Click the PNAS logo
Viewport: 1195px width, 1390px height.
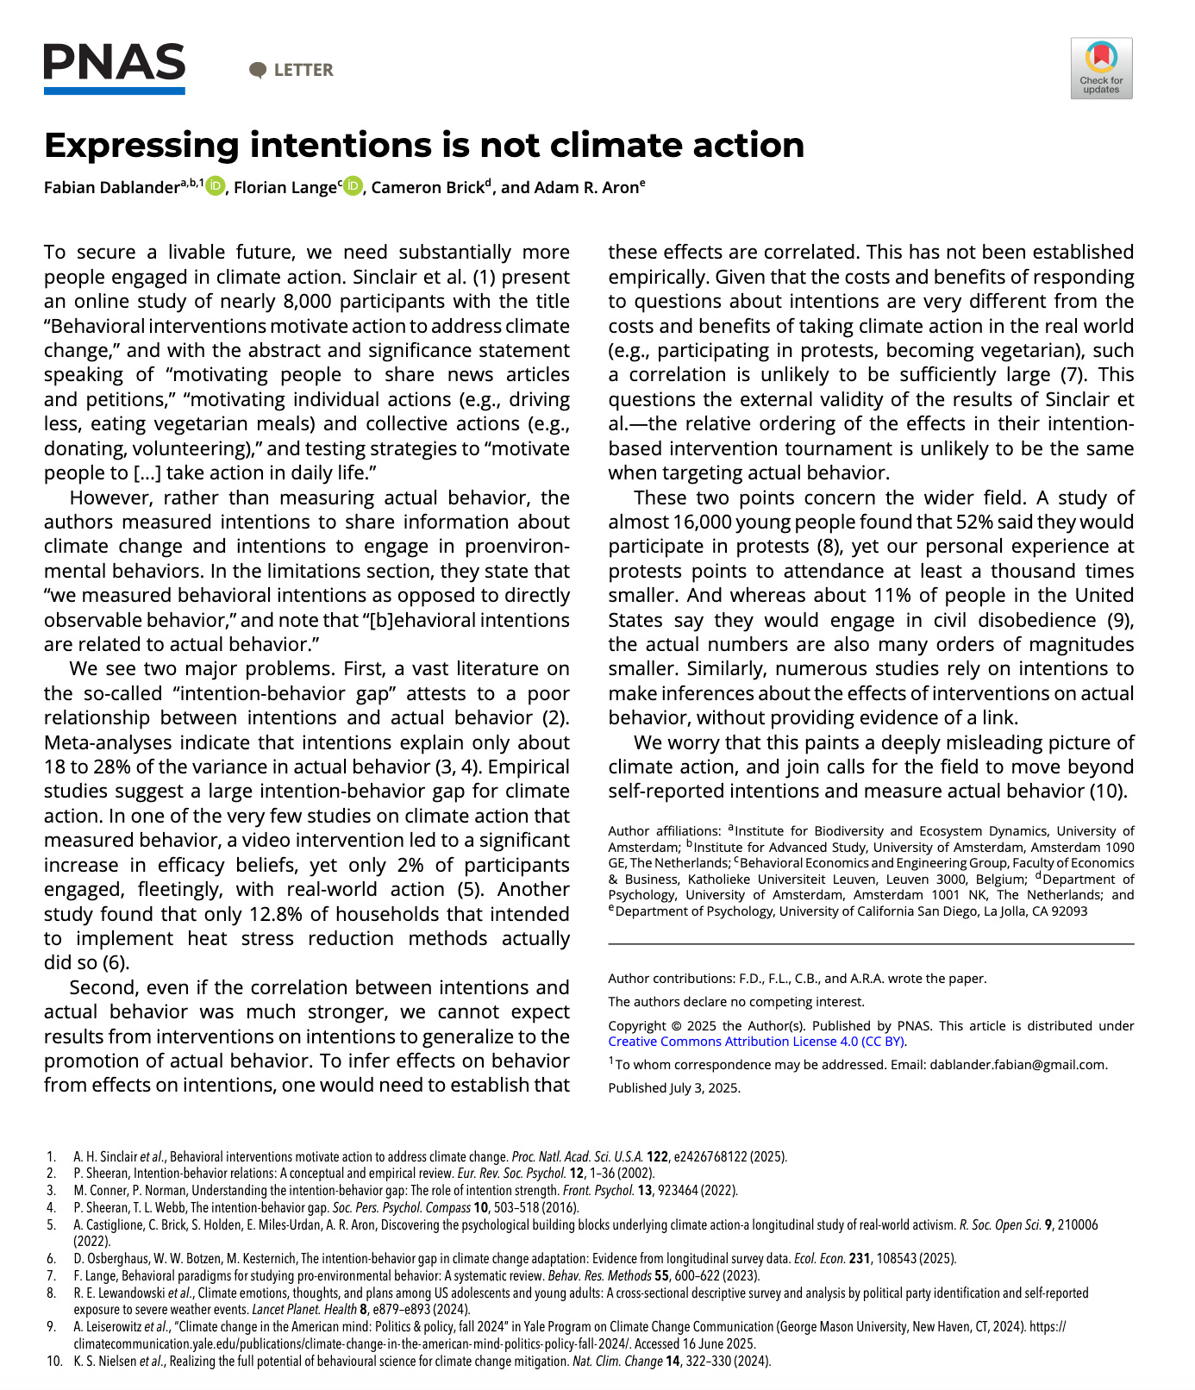[115, 68]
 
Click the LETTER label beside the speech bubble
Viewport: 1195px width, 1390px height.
[303, 71]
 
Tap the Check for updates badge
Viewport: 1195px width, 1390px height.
[1101, 68]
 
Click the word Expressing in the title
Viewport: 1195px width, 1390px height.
[141, 146]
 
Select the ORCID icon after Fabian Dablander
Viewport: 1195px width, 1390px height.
[216, 186]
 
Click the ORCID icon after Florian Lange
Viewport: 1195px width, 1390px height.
[353, 186]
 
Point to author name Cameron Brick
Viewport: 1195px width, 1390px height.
[428, 188]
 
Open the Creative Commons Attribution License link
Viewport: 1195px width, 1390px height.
[756, 1042]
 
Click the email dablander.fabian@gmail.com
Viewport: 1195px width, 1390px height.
[1017, 1065]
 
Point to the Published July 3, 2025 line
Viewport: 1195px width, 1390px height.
[674, 1088]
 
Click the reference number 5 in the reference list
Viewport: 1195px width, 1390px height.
[52, 1225]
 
